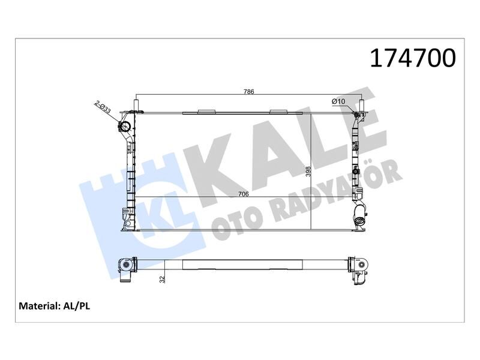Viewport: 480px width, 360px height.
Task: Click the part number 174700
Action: click(x=413, y=58)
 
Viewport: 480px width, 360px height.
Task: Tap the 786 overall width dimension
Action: click(x=248, y=92)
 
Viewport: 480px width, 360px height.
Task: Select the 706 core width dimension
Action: click(x=244, y=194)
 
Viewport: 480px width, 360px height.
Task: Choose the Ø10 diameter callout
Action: click(x=338, y=101)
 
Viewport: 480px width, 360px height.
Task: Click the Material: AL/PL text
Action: click(x=55, y=306)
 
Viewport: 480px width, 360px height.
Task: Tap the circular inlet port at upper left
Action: click(x=125, y=127)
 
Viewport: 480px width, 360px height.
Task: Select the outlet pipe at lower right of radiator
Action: click(x=361, y=217)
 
